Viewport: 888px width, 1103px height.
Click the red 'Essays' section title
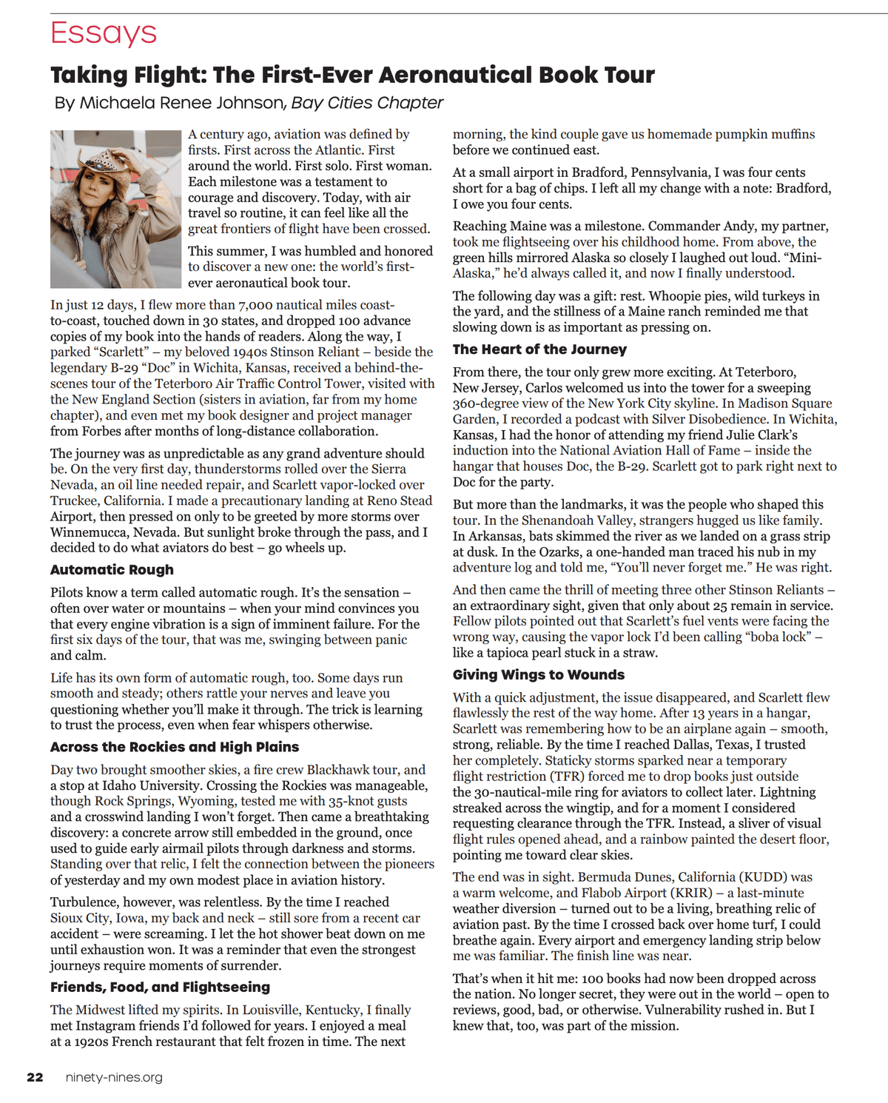[104, 33]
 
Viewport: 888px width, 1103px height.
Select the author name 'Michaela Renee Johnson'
[181, 103]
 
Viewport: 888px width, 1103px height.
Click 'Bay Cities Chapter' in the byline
[367, 103]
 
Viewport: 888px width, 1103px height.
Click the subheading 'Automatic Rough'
[112, 570]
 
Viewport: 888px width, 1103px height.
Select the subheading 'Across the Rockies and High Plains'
[175, 747]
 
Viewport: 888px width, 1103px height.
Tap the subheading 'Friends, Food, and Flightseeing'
[160, 988]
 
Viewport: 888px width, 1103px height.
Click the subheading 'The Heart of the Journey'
[539, 349]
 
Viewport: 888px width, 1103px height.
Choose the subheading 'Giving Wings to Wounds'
[539, 675]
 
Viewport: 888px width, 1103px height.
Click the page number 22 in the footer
[35, 1077]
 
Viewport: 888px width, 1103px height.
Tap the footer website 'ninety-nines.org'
[114, 1077]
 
